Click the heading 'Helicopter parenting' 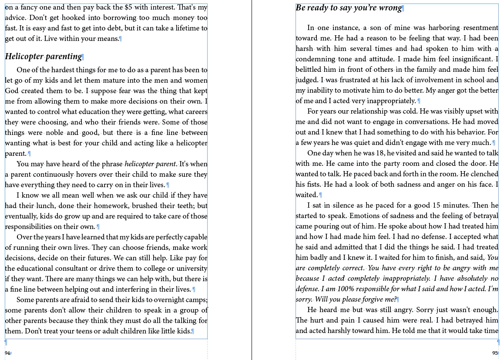[x=43, y=57]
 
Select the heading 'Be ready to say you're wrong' [x=349, y=8]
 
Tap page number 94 [x=7, y=353]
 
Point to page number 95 [x=495, y=353]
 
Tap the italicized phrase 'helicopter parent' [x=150, y=164]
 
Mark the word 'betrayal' [x=485, y=216]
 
